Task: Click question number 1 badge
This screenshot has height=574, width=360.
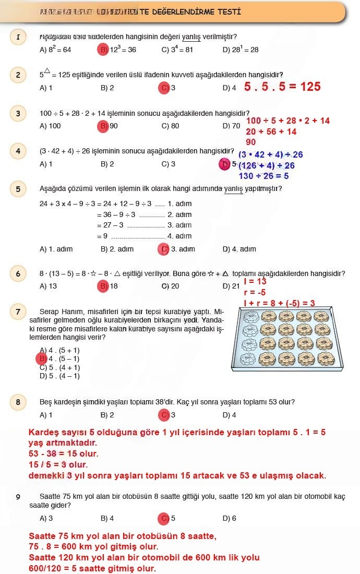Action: click(18, 37)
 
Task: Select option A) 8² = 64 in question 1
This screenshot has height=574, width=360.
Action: click(55, 50)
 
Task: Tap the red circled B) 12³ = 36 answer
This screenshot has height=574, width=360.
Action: click(118, 50)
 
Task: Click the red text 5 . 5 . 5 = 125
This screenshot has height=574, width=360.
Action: click(282, 87)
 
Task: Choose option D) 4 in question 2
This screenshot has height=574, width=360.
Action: click(229, 88)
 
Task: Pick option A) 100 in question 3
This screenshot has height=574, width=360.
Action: click(50, 126)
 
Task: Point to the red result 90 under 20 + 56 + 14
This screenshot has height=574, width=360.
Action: click(251, 142)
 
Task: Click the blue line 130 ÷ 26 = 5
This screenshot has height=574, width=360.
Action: click(264, 176)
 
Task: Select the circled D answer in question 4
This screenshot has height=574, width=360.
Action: click(225, 164)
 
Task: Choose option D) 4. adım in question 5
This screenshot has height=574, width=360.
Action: click(239, 249)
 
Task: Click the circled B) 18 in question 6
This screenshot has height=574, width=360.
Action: click(109, 286)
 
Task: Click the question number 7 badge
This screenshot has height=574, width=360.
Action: click(18, 312)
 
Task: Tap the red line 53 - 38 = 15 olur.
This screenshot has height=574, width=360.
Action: click(63, 454)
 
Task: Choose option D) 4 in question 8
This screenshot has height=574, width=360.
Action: click(229, 415)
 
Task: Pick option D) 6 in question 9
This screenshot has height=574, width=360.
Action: click(229, 518)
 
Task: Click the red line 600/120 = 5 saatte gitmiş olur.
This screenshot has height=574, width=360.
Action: click(92, 568)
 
